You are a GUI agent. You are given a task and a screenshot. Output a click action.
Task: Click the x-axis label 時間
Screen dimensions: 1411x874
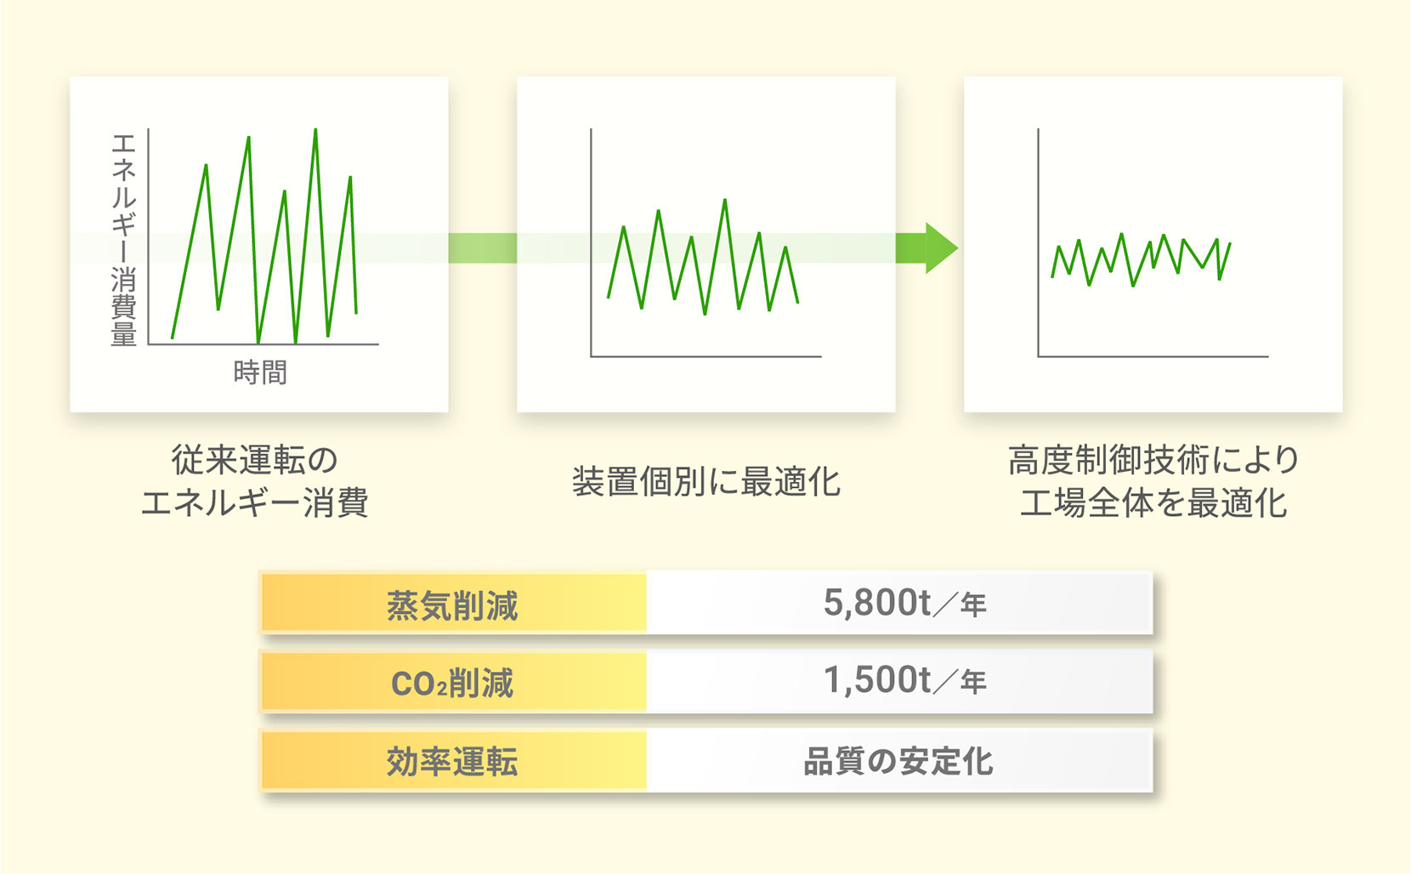click(260, 372)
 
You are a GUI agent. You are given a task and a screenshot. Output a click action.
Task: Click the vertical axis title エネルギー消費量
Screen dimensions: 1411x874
click(123, 240)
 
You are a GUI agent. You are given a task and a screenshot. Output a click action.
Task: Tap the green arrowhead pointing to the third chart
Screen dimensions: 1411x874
click(941, 247)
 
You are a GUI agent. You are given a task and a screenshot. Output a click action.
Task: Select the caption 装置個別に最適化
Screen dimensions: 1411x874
click(706, 482)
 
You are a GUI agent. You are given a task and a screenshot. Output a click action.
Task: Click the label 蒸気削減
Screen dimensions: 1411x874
click(452, 605)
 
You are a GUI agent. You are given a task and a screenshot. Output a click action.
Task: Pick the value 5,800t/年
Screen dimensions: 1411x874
click(904, 603)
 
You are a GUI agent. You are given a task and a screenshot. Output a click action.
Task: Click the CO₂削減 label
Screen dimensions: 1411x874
click(452, 683)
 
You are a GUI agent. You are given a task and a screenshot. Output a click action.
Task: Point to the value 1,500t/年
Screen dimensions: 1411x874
click(904, 680)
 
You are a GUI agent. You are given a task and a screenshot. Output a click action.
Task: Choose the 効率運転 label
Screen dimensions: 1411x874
click(452, 761)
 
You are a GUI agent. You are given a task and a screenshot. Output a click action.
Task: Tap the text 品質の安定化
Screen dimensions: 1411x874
click(898, 761)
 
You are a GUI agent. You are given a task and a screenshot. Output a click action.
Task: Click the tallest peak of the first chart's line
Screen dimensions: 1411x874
click(315, 130)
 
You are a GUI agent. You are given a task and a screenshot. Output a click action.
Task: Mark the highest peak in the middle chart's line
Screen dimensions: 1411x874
click(725, 201)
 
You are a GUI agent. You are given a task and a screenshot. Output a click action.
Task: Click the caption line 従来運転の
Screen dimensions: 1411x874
click(254, 460)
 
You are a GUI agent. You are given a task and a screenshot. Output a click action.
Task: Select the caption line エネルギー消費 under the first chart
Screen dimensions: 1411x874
click(254, 502)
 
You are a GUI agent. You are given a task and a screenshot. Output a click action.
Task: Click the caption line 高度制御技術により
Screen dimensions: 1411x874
click(1153, 460)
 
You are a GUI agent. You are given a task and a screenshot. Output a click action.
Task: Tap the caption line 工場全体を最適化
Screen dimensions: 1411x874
click(1153, 502)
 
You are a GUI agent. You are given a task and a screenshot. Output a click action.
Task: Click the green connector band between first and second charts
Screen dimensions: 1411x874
click(483, 247)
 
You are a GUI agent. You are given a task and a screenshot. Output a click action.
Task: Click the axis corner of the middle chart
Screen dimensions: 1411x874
click(591, 357)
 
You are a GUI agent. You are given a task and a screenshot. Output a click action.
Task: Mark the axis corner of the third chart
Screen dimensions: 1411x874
click(1038, 357)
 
